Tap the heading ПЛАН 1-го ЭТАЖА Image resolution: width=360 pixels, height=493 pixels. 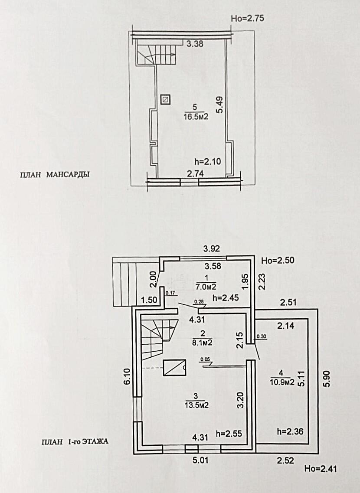click(75, 442)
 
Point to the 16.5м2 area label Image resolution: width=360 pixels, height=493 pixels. click(195, 116)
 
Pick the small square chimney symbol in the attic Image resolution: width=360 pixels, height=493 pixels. click(165, 100)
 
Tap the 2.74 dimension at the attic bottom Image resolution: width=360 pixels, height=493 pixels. click(195, 174)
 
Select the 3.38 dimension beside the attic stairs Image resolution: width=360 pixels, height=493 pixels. click(195, 43)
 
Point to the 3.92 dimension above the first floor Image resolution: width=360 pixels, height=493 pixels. click(213, 249)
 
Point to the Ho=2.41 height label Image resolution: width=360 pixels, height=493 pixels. click(320, 469)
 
